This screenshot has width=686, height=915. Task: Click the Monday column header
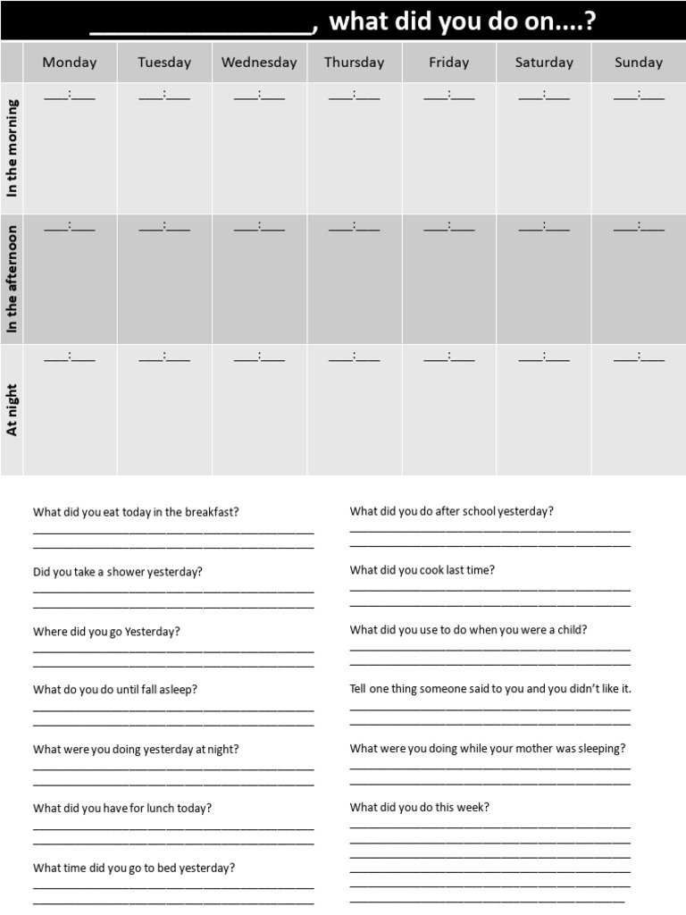[x=70, y=63]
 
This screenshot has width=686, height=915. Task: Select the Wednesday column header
[x=259, y=63]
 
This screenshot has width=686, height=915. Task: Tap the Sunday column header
[x=639, y=63]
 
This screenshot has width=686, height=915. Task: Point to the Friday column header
[x=448, y=63]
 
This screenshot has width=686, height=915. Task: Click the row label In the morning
[x=13, y=148]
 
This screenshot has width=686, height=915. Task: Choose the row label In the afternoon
[x=13, y=279]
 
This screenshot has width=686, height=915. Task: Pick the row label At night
[x=13, y=410]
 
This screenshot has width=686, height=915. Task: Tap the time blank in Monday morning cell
[x=70, y=95]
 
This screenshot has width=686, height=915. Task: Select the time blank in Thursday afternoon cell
[x=354, y=226]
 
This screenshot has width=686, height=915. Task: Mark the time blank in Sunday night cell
[x=639, y=357]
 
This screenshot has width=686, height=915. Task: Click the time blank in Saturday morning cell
[x=544, y=95]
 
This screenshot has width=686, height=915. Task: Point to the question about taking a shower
[x=118, y=572]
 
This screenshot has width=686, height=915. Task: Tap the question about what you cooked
[x=422, y=570]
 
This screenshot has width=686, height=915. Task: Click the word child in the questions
[x=571, y=629]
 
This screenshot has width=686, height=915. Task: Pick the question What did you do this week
[x=420, y=807]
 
